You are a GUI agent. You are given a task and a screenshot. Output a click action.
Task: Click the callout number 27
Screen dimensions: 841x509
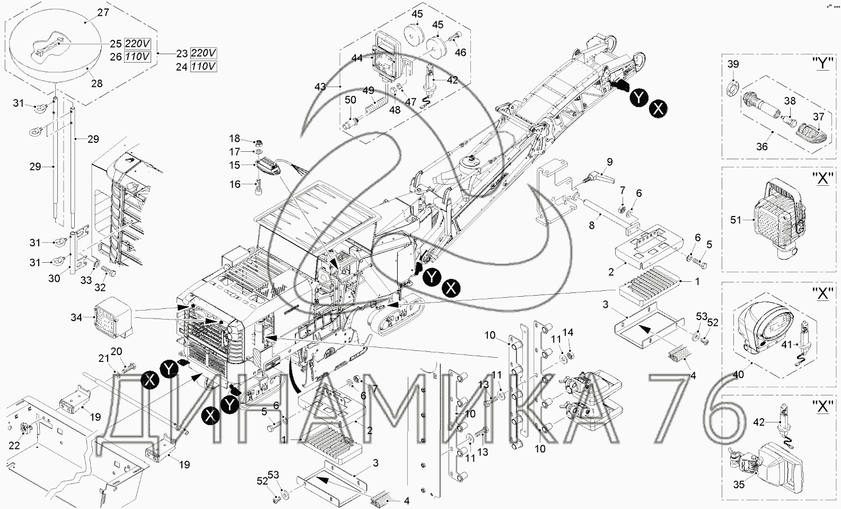pos(103,12)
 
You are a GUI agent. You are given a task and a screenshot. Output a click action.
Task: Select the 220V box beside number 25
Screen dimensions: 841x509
pos(137,44)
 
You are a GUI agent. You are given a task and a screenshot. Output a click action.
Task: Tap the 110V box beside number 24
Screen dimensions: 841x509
pos(204,66)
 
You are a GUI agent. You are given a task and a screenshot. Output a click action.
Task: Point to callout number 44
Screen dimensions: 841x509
pos(357,58)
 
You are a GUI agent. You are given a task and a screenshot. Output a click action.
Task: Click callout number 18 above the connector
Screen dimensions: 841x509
pos(235,139)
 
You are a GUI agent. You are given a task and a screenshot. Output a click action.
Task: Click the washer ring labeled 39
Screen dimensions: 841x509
pos(732,89)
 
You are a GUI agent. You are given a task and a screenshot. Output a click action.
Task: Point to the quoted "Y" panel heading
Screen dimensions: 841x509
pos(822,63)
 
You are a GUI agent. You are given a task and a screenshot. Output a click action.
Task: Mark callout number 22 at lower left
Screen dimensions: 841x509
pos(14,445)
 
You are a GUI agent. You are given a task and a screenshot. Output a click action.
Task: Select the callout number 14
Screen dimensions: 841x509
pos(568,332)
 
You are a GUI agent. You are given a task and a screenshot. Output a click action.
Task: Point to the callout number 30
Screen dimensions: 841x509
pos(54,279)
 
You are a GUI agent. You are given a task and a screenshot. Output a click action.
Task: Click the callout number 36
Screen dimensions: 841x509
pos(762,146)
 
